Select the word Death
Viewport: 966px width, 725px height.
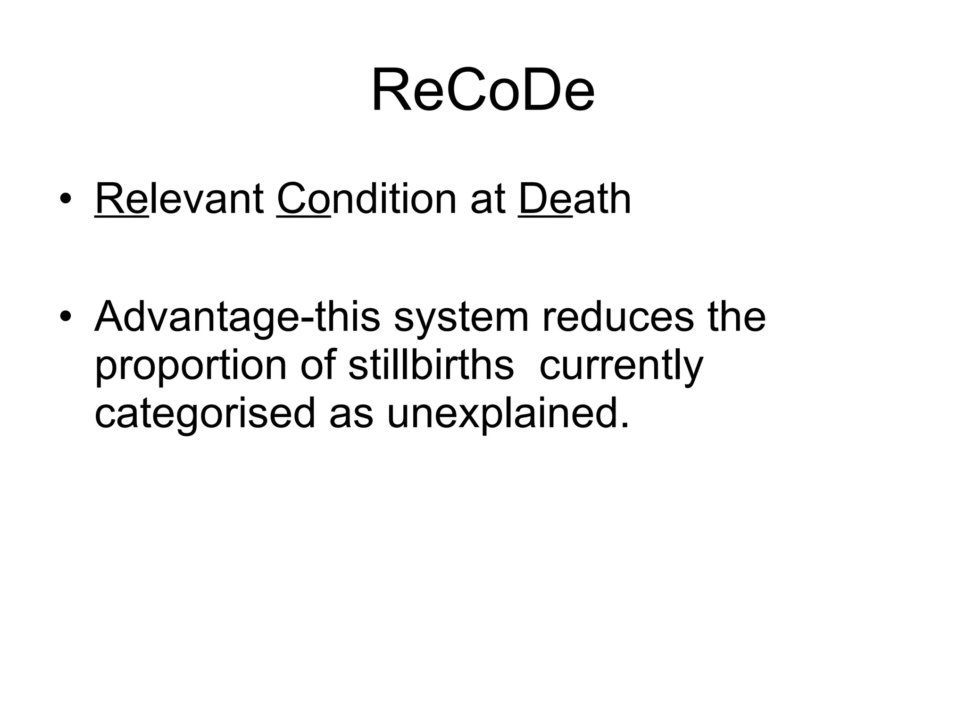coord(575,199)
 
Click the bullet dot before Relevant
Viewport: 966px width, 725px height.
coord(66,199)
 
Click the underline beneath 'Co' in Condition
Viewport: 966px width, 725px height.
coord(304,216)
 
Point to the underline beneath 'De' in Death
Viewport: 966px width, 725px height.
coord(545,216)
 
